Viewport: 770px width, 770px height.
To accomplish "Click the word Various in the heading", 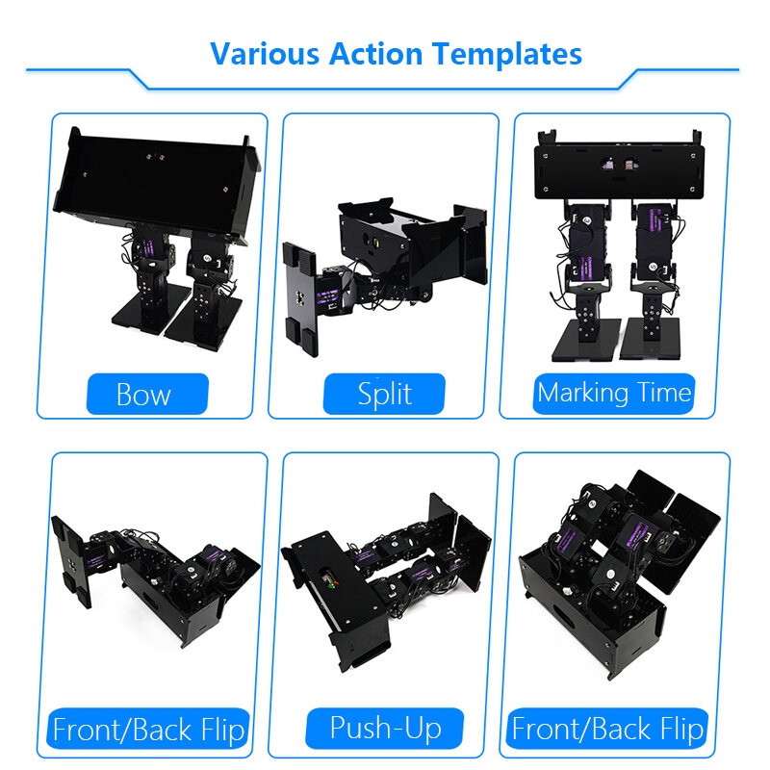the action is point(265,54).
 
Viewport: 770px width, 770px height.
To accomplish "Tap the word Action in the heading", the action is point(375,54).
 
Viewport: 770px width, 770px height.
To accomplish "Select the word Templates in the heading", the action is point(507,55).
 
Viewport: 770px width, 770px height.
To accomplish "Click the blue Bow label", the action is point(147,394).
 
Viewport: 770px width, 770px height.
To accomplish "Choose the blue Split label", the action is point(384,394).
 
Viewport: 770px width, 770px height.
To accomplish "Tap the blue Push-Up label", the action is point(384,729).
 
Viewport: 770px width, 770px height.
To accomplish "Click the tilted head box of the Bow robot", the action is point(157,183).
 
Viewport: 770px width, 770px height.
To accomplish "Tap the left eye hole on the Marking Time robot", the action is point(608,164).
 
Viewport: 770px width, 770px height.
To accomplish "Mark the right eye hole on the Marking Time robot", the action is point(630,164).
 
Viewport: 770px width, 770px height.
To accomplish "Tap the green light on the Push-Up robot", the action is point(333,585).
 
